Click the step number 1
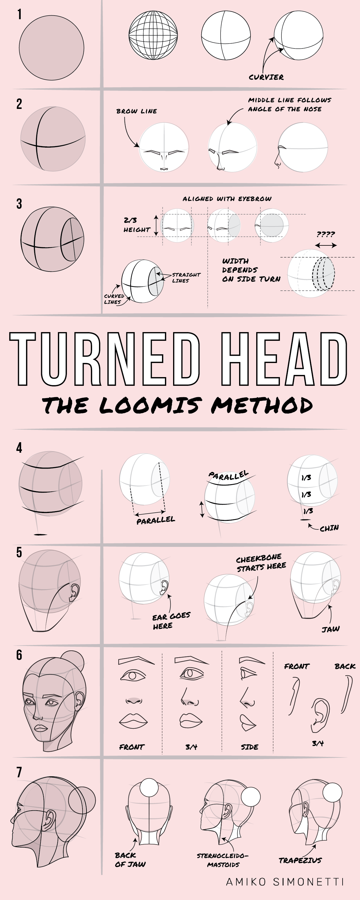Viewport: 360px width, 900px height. click(x=19, y=14)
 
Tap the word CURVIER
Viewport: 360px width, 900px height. click(x=266, y=77)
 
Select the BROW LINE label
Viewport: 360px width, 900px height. click(x=136, y=111)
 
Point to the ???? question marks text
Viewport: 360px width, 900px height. click(x=326, y=234)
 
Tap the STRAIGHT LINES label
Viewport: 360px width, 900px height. click(x=186, y=278)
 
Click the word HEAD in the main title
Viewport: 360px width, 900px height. click(x=283, y=359)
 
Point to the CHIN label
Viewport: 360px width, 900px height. click(x=329, y=528)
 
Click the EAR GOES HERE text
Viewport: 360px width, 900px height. click(x=171, y=620)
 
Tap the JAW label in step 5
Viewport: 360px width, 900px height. click(x=330, y=629)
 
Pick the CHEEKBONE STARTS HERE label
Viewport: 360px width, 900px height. click(x=260, y=562)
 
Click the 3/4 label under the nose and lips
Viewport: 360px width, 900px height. click(x=191, y=747)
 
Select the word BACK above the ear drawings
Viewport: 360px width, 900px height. click(x=345, y=666)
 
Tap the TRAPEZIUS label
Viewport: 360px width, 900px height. click(x=300, y=860)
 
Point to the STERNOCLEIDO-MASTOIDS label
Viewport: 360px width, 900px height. click(x=223, y=860)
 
